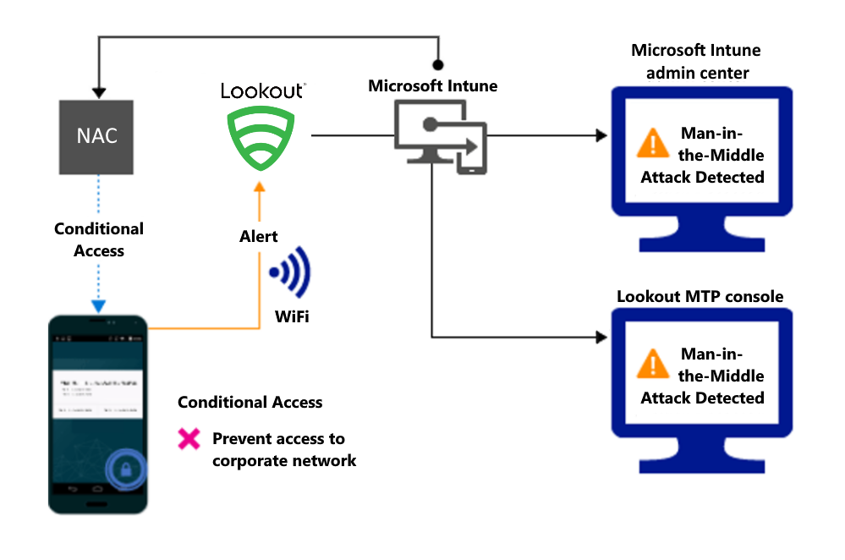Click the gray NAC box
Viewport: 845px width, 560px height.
(97, 135)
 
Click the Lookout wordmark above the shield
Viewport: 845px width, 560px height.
(262, 90)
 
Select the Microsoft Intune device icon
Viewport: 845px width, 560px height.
(439, 136)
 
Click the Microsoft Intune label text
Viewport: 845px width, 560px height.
(432, 85)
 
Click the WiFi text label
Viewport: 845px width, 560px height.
(290, 318)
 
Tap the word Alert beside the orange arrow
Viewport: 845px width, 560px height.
(258, 237)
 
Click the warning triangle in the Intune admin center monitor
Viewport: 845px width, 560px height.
(652, 143)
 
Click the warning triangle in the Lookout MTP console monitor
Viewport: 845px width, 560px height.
(652, 364)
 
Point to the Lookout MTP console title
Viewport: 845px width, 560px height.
(700, 296)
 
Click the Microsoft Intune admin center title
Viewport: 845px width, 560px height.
(696, 62)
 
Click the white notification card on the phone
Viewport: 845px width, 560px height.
(97, 393)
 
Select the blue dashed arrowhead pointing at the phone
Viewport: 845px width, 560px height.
(98, 305)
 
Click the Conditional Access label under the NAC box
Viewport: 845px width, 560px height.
(98, 239)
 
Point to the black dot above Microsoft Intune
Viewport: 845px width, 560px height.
(437, 64)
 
